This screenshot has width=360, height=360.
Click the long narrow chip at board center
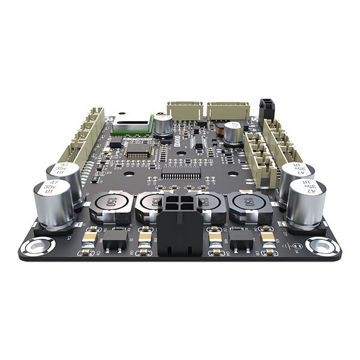(181, 175)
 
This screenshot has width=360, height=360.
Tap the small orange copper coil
(221, 127)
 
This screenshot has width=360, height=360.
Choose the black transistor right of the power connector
(242, 241)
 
